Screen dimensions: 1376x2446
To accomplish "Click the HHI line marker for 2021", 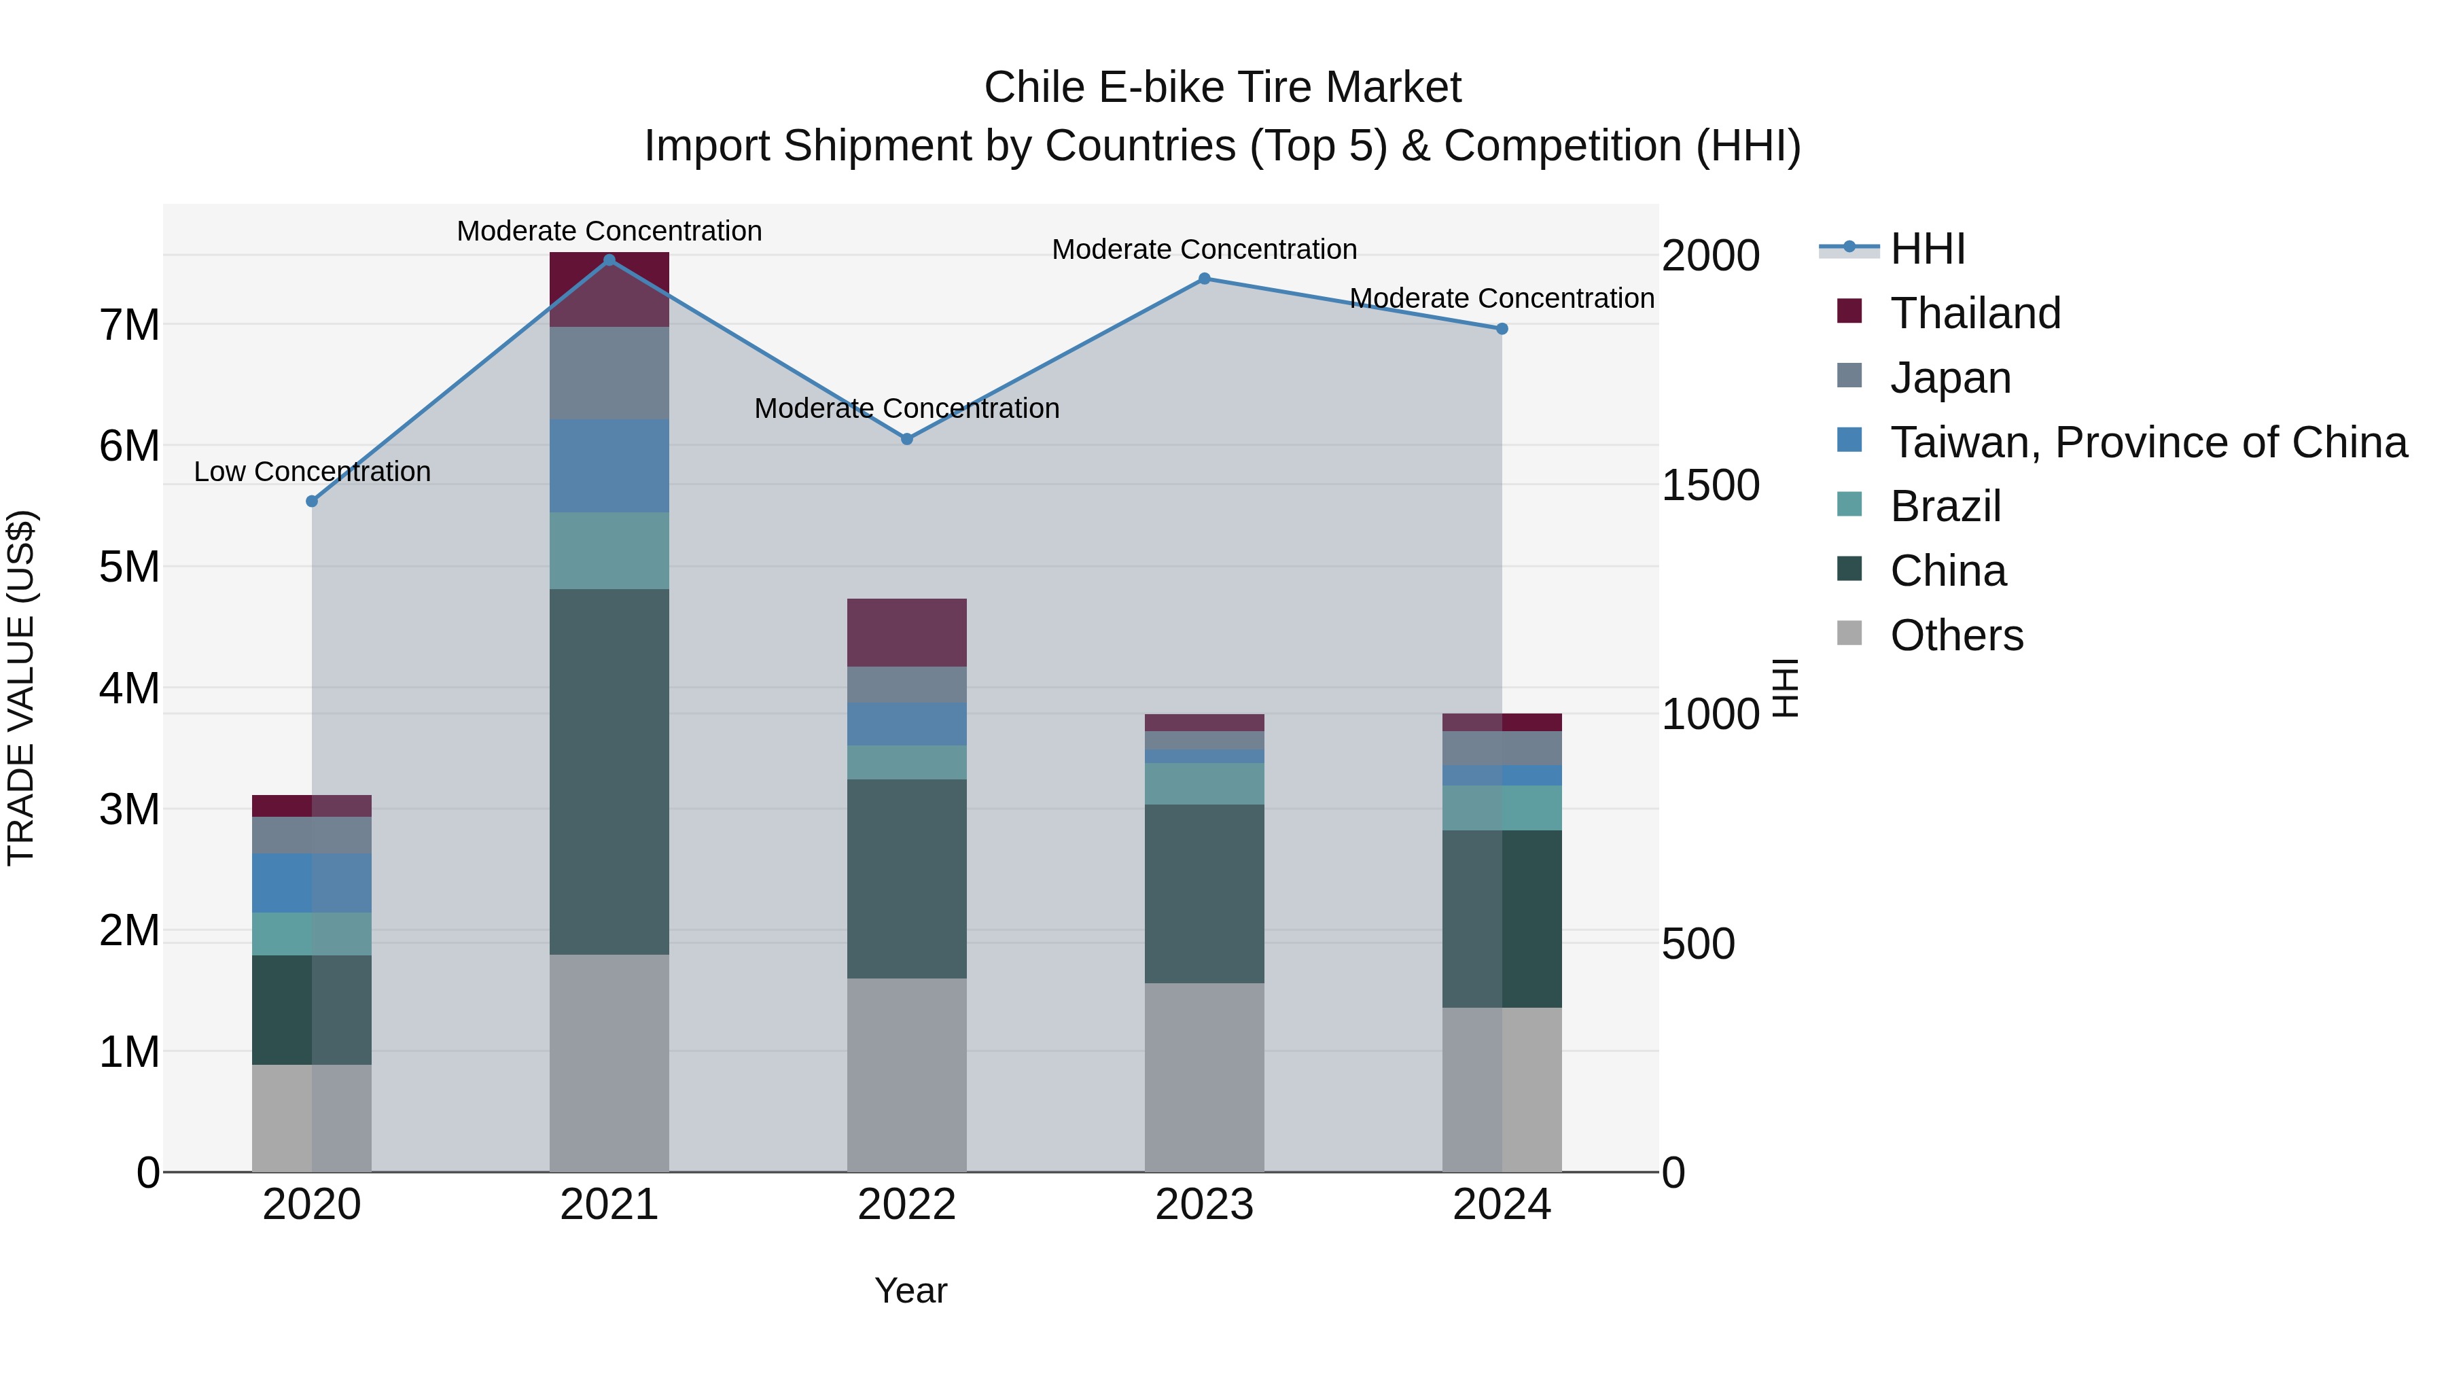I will pos(609,260).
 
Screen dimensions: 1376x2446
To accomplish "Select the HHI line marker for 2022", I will pos(907,439).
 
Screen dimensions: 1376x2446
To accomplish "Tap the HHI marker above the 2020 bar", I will pos(311,501).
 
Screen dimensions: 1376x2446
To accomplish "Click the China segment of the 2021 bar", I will pos(609,771).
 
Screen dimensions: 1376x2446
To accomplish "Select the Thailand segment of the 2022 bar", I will pos(907,633).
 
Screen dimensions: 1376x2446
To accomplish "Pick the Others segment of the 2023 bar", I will pos(1204,1077).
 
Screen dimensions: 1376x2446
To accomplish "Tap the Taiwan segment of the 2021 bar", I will pos(609,466).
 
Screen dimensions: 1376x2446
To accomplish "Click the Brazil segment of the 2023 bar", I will pos(1204,783).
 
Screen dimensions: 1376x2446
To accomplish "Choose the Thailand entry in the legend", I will pos(1975,313).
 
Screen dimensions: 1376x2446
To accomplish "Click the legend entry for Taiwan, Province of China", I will pos(2148,442).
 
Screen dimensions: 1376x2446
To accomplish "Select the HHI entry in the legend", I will pos(1928,249).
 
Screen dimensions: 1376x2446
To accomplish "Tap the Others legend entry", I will pos(1956,635).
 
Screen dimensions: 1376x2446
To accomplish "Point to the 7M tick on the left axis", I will pos(129,325).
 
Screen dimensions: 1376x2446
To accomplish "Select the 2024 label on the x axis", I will pos(1501,1205).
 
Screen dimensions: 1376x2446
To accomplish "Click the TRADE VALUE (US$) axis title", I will pos(21,688).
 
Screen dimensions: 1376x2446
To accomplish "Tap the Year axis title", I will pos(910,1290).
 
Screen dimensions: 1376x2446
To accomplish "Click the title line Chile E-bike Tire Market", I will pos(1222,88).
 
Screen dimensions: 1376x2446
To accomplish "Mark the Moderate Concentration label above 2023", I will pos(1204,250).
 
